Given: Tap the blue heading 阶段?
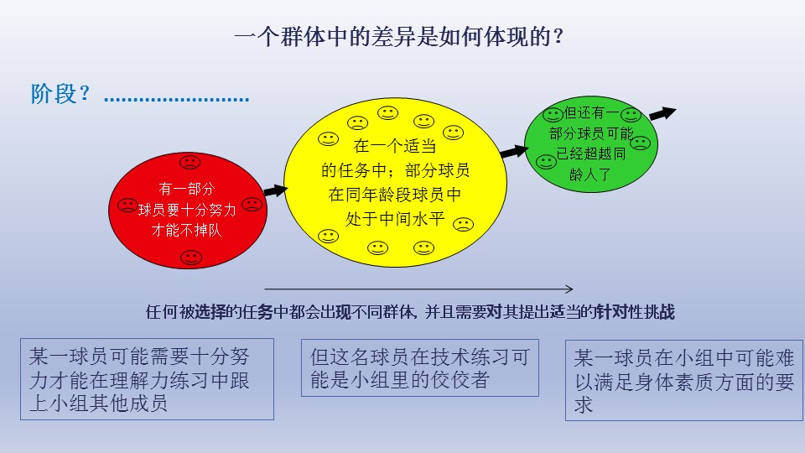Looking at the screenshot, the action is point(60,93).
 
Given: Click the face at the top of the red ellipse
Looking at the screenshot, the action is point(190,162).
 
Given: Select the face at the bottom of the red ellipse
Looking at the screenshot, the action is point(191,258).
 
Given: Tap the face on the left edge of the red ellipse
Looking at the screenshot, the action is point(127,206).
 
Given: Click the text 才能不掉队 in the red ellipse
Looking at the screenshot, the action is point(186,230).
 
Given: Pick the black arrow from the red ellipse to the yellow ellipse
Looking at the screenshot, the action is point(276,190).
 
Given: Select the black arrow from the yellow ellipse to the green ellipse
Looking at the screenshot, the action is point(514,151).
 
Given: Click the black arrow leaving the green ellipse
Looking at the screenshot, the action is point(662,113).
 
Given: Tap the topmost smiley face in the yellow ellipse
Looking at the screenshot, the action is point(387,113).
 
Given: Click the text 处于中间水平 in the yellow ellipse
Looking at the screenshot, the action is point(395,219).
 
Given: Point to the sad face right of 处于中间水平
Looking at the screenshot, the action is point(463,224).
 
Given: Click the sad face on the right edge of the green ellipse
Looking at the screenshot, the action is point(640,143).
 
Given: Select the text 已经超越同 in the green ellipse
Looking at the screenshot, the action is point(591,154).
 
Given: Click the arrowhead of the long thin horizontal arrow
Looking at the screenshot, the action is point(569,289).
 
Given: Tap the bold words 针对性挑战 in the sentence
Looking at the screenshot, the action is point(636,312).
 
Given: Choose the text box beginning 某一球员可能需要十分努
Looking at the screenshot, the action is point(147,379).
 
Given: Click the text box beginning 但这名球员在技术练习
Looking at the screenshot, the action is point(420,367).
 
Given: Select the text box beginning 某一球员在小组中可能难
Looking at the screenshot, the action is point(684,381).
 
